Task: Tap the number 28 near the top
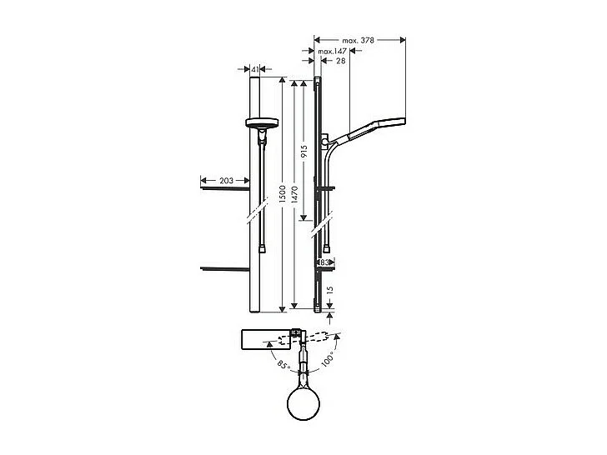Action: (340, 61)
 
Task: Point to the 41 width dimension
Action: (255, 71)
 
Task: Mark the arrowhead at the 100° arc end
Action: (339, 337)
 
